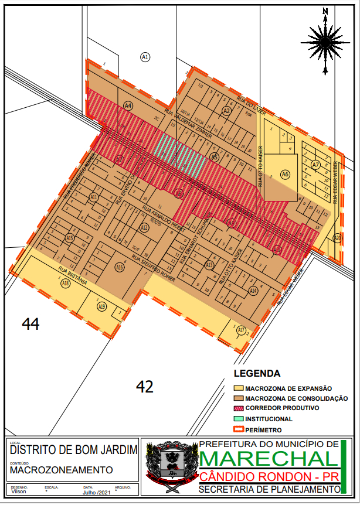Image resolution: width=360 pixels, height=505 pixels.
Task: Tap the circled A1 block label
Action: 145,57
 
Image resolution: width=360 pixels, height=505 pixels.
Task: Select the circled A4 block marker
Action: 128,105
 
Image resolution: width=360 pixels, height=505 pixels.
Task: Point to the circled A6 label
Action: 285,174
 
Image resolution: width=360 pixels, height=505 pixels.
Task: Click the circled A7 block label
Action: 316,165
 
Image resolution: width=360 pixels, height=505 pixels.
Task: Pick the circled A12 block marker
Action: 144,227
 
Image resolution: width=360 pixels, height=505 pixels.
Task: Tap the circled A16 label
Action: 120,267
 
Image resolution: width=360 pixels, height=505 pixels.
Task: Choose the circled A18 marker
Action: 66,284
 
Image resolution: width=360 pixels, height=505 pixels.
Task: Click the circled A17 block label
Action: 241,330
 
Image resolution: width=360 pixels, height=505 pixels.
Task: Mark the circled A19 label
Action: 102,306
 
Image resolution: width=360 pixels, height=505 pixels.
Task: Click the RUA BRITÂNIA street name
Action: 73,275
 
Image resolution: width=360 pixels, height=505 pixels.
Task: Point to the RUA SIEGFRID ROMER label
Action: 153,264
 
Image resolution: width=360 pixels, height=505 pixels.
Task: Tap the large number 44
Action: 30,323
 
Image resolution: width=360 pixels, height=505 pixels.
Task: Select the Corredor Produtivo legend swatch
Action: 238,408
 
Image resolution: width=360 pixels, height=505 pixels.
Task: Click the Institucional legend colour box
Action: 238,419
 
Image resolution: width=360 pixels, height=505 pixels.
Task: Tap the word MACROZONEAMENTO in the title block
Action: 62,470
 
